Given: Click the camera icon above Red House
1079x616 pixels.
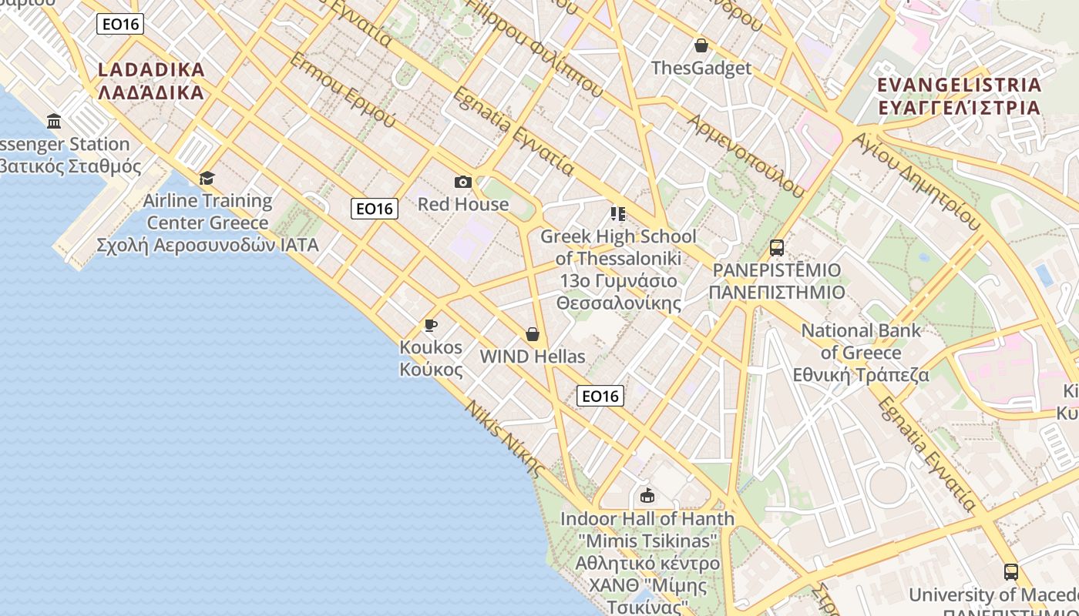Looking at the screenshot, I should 462,182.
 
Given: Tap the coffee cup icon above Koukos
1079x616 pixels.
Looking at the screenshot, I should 431,326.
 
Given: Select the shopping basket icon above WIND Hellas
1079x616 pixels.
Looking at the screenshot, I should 532,334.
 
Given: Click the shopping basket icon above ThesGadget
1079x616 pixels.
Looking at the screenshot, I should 701,45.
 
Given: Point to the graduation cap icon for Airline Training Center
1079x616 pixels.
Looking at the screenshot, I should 207,179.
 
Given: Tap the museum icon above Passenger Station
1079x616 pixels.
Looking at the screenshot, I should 54,121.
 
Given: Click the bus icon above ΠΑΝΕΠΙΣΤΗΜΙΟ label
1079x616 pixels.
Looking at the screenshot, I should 776,248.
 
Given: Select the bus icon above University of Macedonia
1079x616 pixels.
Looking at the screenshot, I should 1010,572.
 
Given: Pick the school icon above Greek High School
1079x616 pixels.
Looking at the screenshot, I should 617,213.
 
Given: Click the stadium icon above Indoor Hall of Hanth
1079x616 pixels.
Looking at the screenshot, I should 647,495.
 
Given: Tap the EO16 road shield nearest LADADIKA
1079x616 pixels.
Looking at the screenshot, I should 121,24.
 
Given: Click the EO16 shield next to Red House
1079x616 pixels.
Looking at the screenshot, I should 375,208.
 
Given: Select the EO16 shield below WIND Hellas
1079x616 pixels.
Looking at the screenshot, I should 600,396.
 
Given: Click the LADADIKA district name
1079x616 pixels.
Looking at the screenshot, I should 152,81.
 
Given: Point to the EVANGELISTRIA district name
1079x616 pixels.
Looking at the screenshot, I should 960,95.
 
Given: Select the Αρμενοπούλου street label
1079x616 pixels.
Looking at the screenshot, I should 745,155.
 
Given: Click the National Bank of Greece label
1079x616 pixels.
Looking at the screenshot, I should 861,353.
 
